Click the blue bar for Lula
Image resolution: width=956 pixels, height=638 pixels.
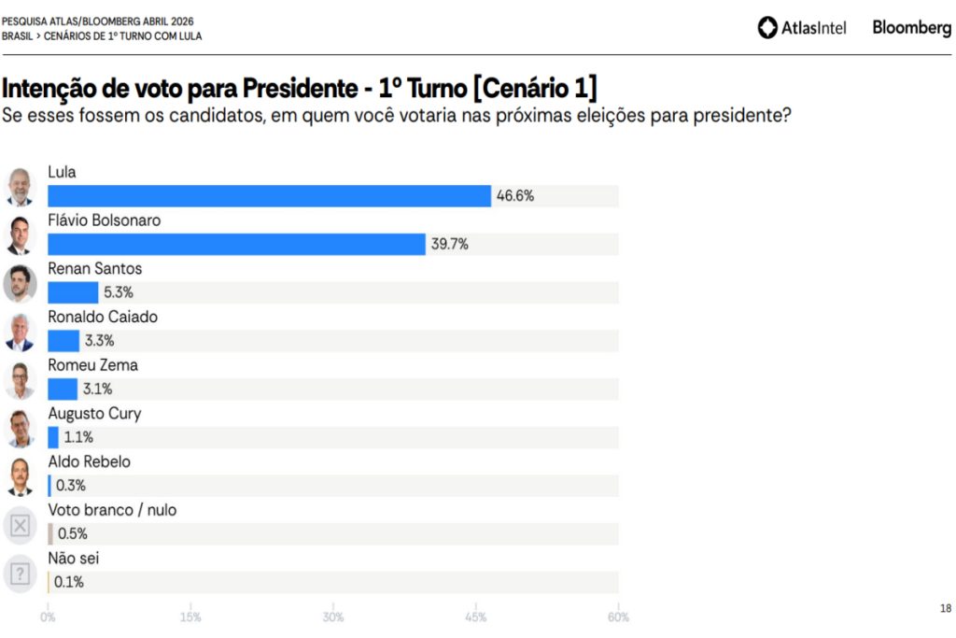tap(269, 196)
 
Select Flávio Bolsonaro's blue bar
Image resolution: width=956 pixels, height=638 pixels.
tap(236, 245)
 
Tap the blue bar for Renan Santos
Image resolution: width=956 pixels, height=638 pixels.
tap(73, 292)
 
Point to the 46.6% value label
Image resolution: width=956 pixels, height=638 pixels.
tap(514, 196)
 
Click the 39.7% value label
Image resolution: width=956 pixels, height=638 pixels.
tap(449, 245)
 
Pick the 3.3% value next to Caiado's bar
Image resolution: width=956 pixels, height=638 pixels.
tap(100, 341)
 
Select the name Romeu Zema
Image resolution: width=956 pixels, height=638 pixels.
tap(92, 365)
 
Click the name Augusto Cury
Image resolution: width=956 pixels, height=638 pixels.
tap(94, 413)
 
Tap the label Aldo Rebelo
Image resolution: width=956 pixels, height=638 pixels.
tap(89, 461)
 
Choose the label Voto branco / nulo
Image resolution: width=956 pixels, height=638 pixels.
tap(112, 510)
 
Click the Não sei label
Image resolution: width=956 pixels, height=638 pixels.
tap(73, 558)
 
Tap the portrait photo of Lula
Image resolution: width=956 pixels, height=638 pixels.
tap(20, 187)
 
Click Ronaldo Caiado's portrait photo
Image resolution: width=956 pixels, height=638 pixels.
tap(20, 332)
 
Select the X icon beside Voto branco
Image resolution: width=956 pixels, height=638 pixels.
tap(20, 525)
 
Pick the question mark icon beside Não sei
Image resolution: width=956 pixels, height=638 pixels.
tap(20, 573)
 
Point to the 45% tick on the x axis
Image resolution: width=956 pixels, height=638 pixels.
tap(475, 617)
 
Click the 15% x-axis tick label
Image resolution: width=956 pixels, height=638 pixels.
tap(190, 617)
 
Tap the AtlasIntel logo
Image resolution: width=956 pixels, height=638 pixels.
tap(802, 28)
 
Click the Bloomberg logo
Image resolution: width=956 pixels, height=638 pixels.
tap(911, 28)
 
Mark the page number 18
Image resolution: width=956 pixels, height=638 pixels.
tap(945, 609)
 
